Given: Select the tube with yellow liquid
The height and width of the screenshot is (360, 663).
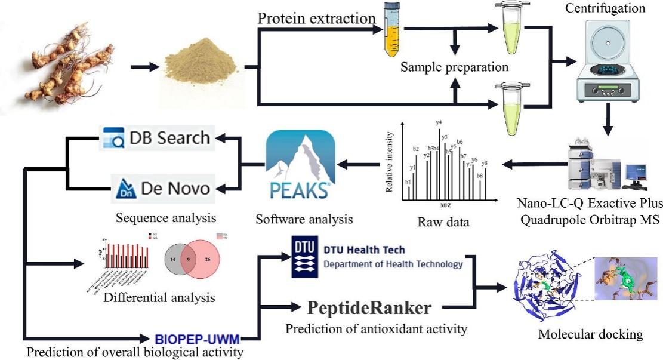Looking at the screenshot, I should tap(394, 30).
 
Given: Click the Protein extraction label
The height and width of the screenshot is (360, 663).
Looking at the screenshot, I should tap(316, 19).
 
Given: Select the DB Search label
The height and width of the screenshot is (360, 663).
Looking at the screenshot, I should tap(156, 138).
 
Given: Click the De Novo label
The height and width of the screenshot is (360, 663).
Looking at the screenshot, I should tap(162, 189).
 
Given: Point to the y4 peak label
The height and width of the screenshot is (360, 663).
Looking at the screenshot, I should tap(439, 123).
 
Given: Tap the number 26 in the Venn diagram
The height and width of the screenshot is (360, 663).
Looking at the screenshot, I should tap(208, 260).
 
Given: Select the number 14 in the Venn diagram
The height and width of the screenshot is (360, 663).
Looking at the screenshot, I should tap(172, 260).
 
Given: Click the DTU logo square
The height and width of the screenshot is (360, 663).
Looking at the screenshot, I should tap(304, 257).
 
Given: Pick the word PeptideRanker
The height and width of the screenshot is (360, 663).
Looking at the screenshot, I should tap(369, 308).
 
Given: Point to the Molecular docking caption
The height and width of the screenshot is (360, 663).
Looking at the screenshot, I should tap(591, 334).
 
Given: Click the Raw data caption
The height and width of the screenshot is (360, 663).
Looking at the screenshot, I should tap(444, 223).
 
